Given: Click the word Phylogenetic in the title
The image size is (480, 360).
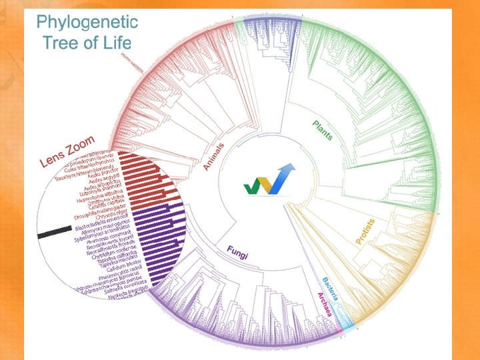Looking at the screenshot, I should (87, 21).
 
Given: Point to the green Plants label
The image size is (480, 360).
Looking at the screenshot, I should (323, 130).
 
